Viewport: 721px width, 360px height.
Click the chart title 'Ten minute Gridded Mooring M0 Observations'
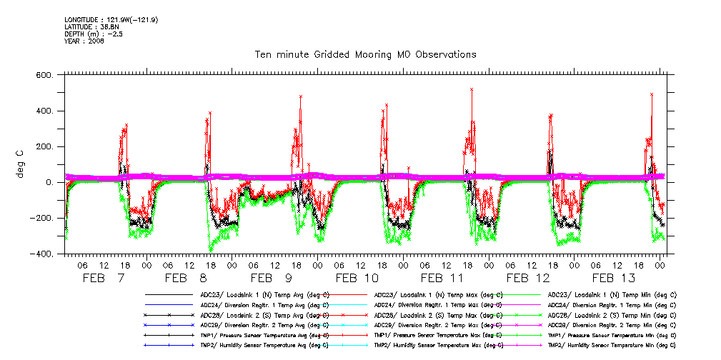point(365,54)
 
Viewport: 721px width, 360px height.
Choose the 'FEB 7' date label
point(104,278)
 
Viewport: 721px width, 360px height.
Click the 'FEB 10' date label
point(357,278)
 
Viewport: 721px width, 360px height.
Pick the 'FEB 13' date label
point(612,278)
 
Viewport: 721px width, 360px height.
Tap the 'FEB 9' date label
point(271,278)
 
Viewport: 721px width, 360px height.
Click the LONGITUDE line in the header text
point(111,19)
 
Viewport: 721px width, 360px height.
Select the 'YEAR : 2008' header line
point(84,41)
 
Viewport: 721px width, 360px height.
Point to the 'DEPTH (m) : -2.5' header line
point(93,34)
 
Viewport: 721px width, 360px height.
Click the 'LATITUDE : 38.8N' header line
point(90,26)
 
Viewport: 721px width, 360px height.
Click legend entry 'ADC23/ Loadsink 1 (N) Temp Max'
point(437,294)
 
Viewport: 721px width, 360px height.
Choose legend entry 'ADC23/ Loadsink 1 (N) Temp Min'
point(612,294)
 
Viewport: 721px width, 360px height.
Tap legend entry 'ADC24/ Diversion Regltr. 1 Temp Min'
point(612,304)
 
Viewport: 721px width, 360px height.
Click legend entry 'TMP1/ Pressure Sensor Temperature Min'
point(612,334)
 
